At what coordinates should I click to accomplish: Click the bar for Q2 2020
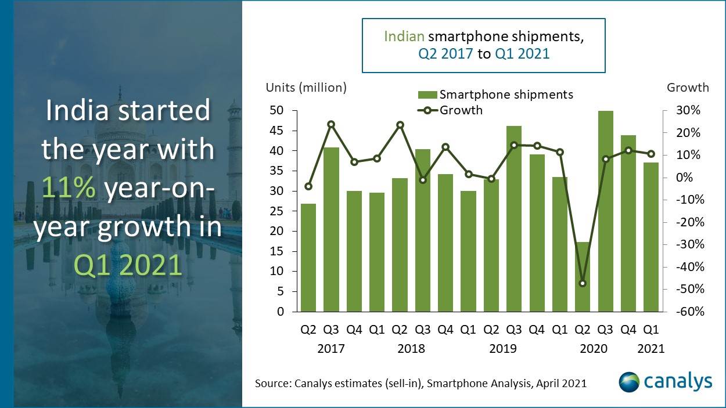(x=583, y=277)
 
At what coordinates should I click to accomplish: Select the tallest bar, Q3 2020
(x=606, y=211)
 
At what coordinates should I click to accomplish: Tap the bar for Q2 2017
(x=308, y=258)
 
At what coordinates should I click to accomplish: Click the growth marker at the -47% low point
(x=583, y=283)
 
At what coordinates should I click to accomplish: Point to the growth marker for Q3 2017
(x=331, y=124)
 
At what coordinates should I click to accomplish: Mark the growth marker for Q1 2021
(x=651, y=154)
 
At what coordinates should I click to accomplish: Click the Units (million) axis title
(x=306, y=88)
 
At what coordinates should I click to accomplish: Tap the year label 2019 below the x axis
(x=502, y=348)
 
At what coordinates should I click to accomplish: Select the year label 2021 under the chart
(x=651, y=348)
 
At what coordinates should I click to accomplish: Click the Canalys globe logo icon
(x=629, y=382)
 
